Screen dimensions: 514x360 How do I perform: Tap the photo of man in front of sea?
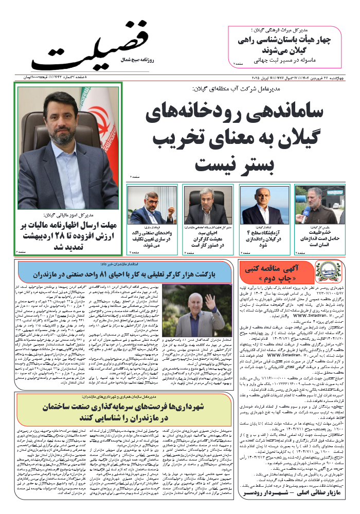[258, 204]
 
